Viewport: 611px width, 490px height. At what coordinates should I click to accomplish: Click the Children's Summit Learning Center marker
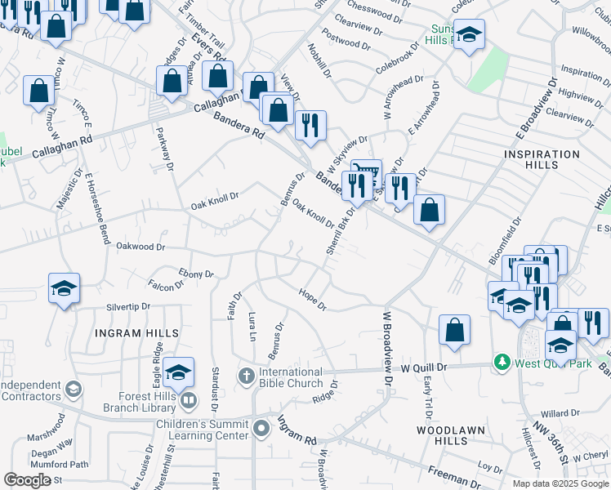click(x=261, y=428)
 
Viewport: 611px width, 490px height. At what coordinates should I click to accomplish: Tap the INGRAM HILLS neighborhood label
click(x=136, y=333)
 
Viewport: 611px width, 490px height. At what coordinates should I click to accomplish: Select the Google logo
click(x=28, y=480)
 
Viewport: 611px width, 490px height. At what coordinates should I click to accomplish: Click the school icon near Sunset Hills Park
click(x=469, y=34)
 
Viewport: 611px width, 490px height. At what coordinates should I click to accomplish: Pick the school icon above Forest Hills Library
click(x=178, y=372)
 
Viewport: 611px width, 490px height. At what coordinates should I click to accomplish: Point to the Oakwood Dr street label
click(x=140, y=246)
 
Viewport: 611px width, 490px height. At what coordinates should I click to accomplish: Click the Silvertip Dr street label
click(x=128, y=306)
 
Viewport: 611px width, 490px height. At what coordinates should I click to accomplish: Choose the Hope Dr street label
click(x=312, y=300)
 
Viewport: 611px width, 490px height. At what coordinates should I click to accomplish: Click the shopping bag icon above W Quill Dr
click(x=454, y=330)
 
